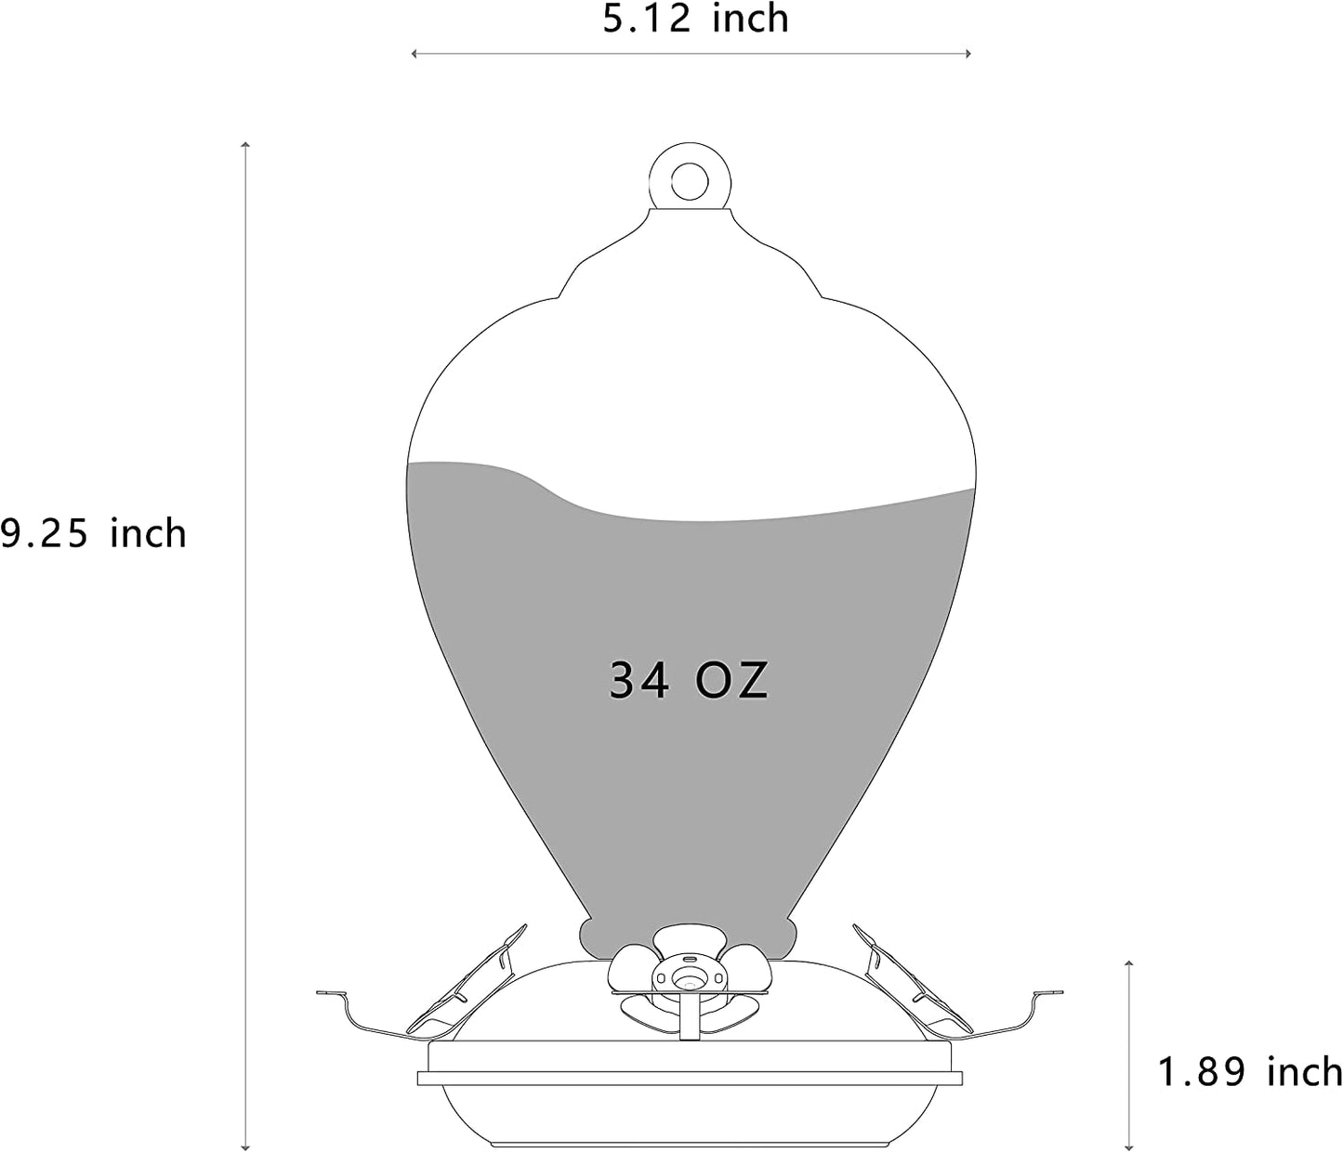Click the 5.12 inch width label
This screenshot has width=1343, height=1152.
(x=695, y=19)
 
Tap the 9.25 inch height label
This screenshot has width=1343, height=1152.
(x=93, y=533)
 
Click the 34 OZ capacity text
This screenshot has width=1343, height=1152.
(x=689, y=681)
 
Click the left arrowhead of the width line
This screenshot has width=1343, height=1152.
(x=415, y=54)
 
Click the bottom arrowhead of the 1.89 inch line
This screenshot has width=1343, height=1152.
(x=1128, y=1145)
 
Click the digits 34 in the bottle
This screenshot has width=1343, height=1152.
(x=639, y=681)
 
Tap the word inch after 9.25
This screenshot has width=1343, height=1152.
(x=148, y=533)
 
